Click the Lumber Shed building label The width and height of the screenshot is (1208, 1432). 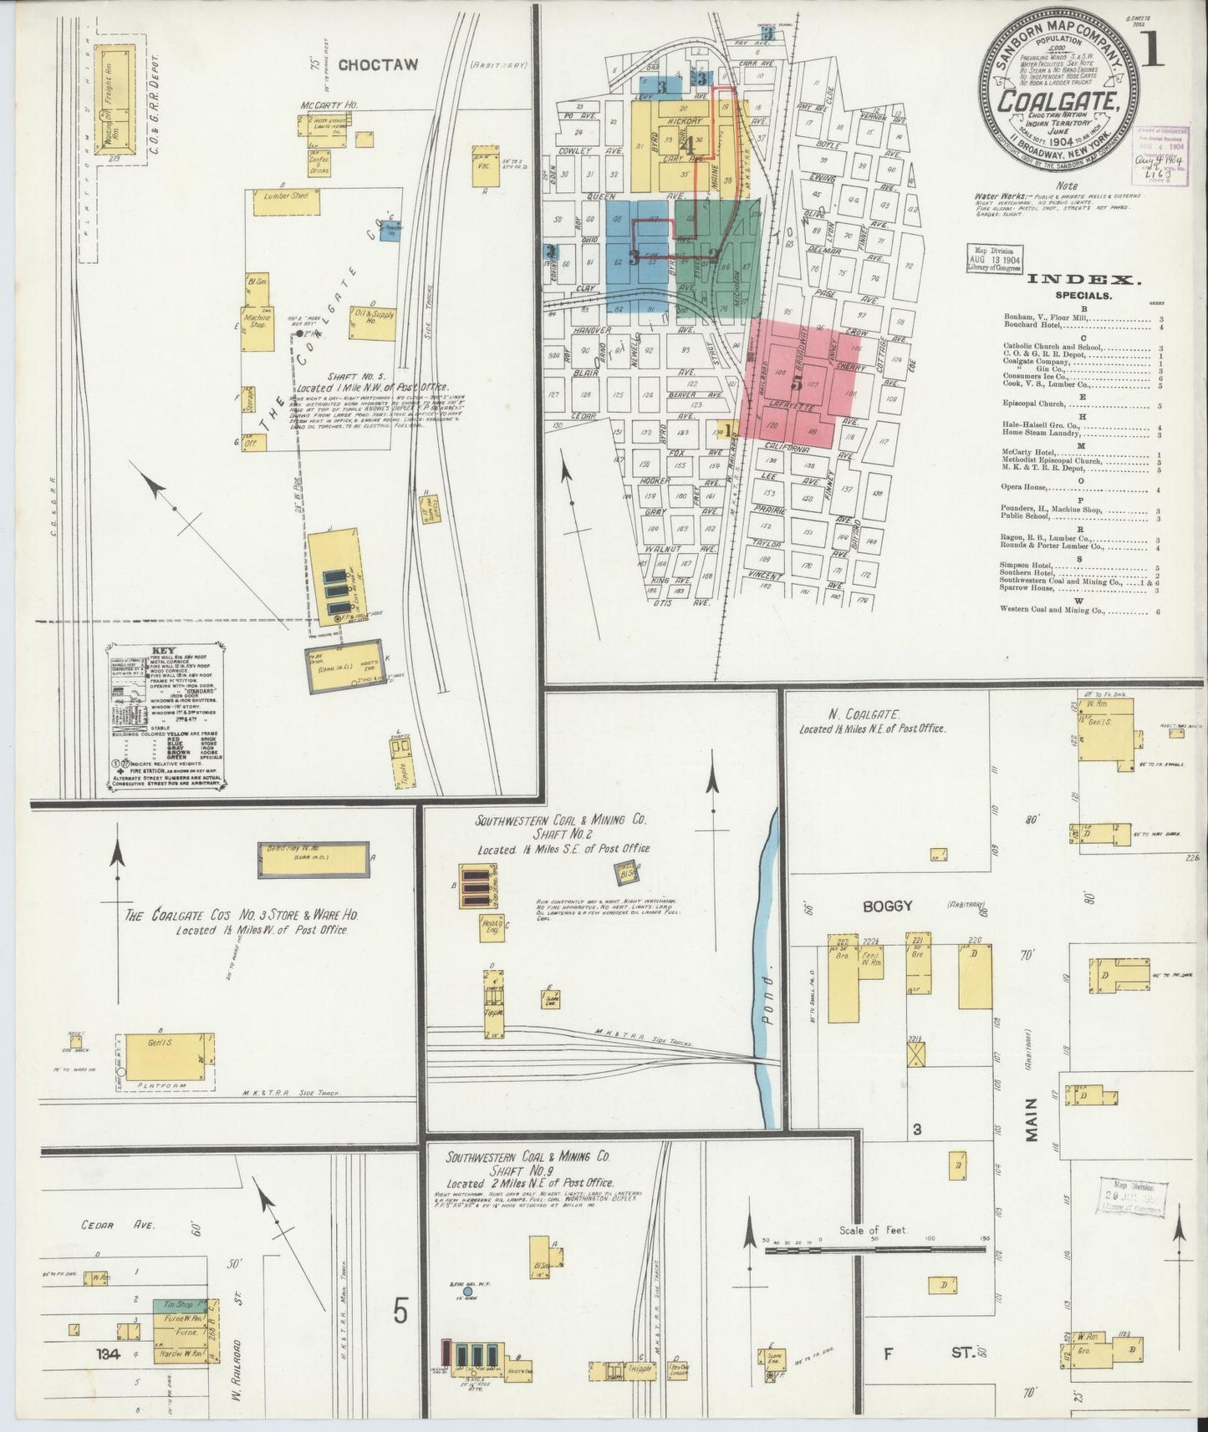(x=286, y=196)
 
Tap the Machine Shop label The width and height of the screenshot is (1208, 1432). (x=254, y=320)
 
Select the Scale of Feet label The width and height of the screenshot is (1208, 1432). (x=875, y=1230)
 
